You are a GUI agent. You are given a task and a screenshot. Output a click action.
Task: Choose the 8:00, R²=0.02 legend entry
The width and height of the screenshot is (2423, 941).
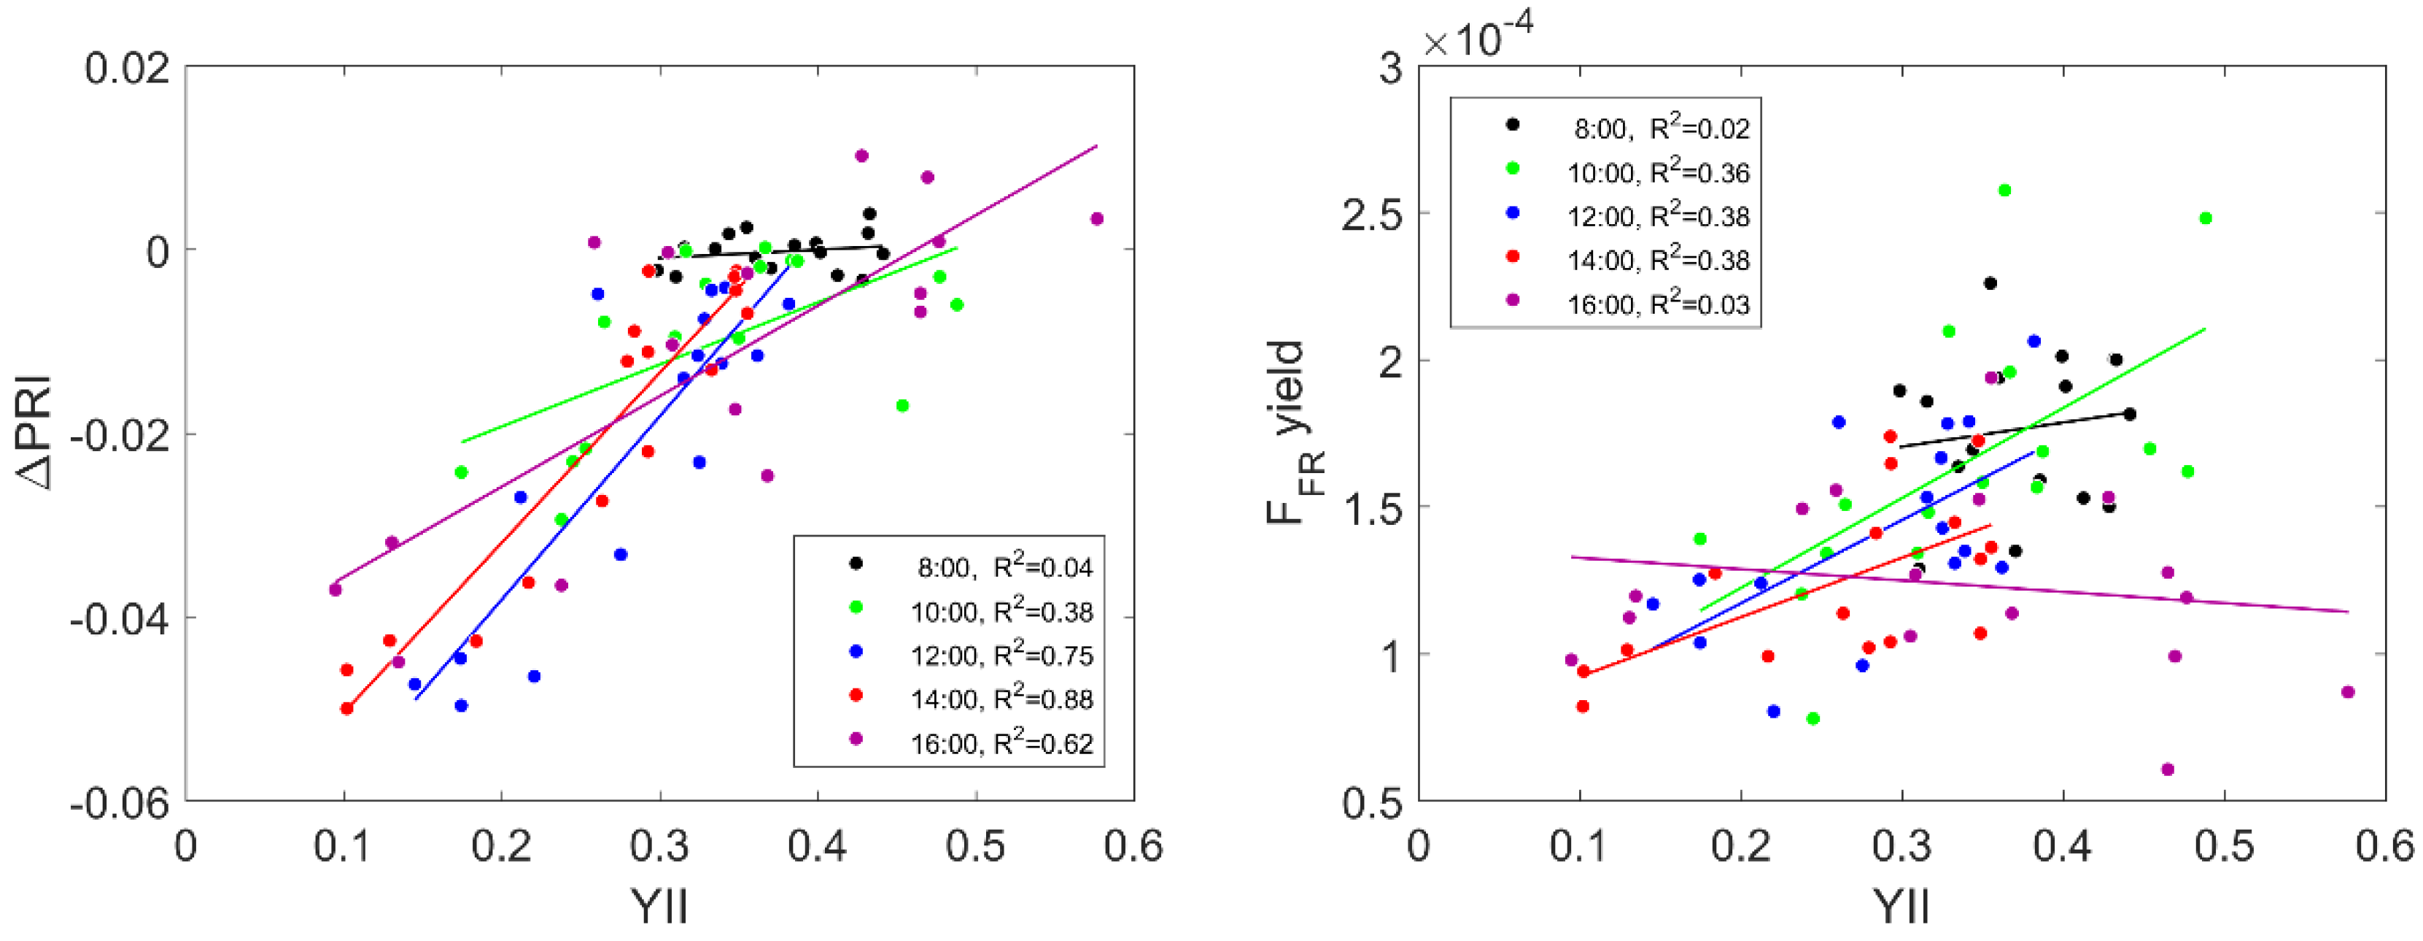(1660, 128)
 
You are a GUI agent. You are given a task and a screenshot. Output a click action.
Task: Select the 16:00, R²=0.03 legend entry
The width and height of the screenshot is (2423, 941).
(1656, 304)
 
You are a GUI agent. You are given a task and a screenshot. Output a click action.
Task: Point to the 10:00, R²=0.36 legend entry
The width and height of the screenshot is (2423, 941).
(1656, 172)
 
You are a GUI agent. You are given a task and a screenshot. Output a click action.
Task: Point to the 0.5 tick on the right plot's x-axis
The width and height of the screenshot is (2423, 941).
(2224, 847)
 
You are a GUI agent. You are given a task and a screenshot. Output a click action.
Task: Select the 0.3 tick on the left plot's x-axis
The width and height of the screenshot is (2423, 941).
(659, 847)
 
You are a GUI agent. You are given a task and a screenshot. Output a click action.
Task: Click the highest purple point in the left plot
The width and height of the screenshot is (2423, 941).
(861, 156)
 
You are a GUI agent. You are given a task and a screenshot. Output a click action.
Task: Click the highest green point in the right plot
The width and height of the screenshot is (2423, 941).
(2004, 190)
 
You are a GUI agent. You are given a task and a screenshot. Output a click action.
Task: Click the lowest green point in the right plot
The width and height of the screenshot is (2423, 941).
(1813, 719)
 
